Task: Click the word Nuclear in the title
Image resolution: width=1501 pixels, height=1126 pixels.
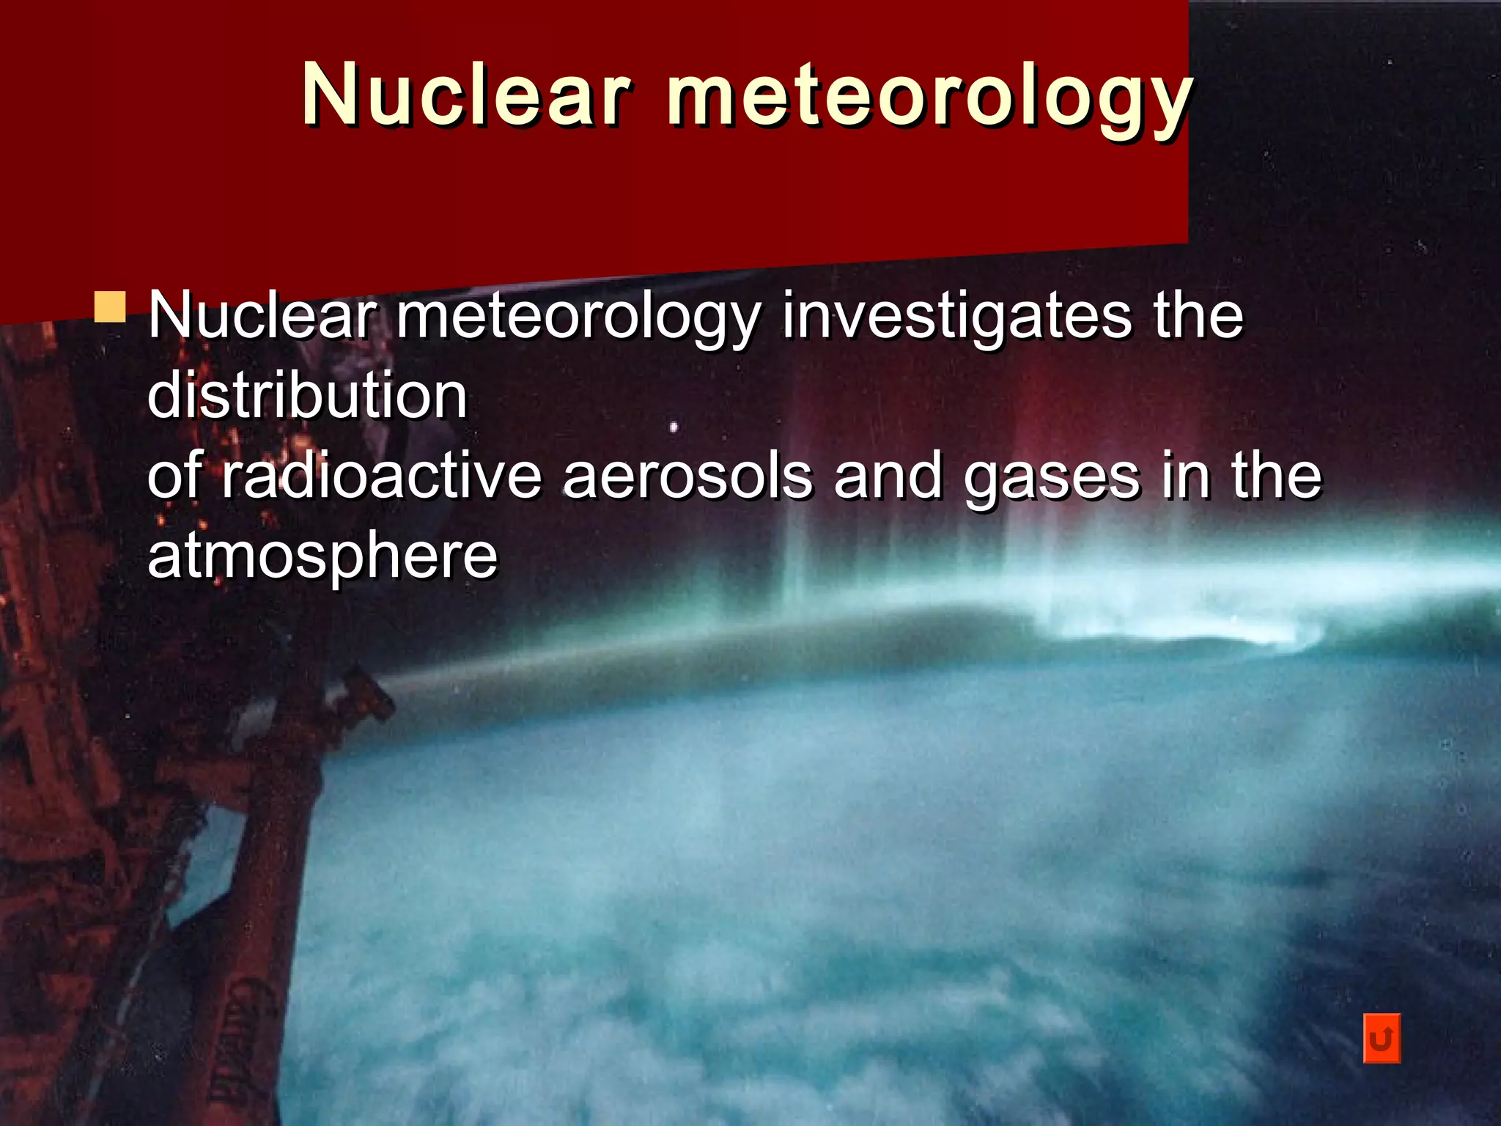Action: point(466,95)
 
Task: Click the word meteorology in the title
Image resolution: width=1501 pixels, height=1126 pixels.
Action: point(929,99)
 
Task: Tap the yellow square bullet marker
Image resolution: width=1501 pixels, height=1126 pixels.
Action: point(110,307)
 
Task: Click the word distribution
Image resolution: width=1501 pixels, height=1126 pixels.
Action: point(307,396)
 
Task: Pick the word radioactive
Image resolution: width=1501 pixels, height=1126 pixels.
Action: point(381,476)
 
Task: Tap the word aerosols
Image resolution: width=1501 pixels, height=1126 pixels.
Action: point(688,476)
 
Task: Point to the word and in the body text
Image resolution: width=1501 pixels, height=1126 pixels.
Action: point(888,476)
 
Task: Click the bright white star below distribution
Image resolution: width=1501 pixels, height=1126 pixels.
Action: point(674,427)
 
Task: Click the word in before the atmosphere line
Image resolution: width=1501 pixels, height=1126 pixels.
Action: point(1185,476)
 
